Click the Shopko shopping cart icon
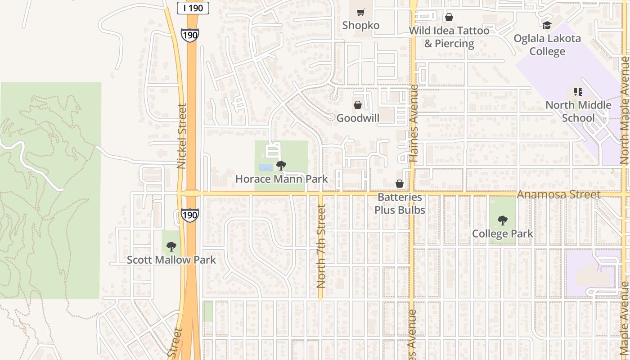(x=360, y=12)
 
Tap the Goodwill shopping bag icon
(x=358, y=105)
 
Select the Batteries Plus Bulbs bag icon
(x=399, y=184)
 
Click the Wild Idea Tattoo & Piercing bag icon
(x=449, y=18)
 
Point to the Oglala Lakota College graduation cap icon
(x=547, y=25)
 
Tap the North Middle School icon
(x=578, y=92)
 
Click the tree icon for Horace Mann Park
(x=281, y=166)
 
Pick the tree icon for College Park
(x=502, y=220)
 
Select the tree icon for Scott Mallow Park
(x=171, y=246)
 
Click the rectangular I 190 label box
(x=193, y=8)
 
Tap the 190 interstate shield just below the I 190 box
(x=190, y=35)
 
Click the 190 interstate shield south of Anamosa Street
(x=190, y=215)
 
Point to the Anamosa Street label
(x=558, y=195)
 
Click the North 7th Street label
(x=321, y=246)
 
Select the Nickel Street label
(x=182, y=136)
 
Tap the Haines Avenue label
(x=414, y=130)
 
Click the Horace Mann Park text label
(x=282, y=179)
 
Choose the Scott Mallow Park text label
(x=171, y=260)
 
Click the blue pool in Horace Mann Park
(x=265, y=167)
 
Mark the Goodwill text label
(x=358, y=118)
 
